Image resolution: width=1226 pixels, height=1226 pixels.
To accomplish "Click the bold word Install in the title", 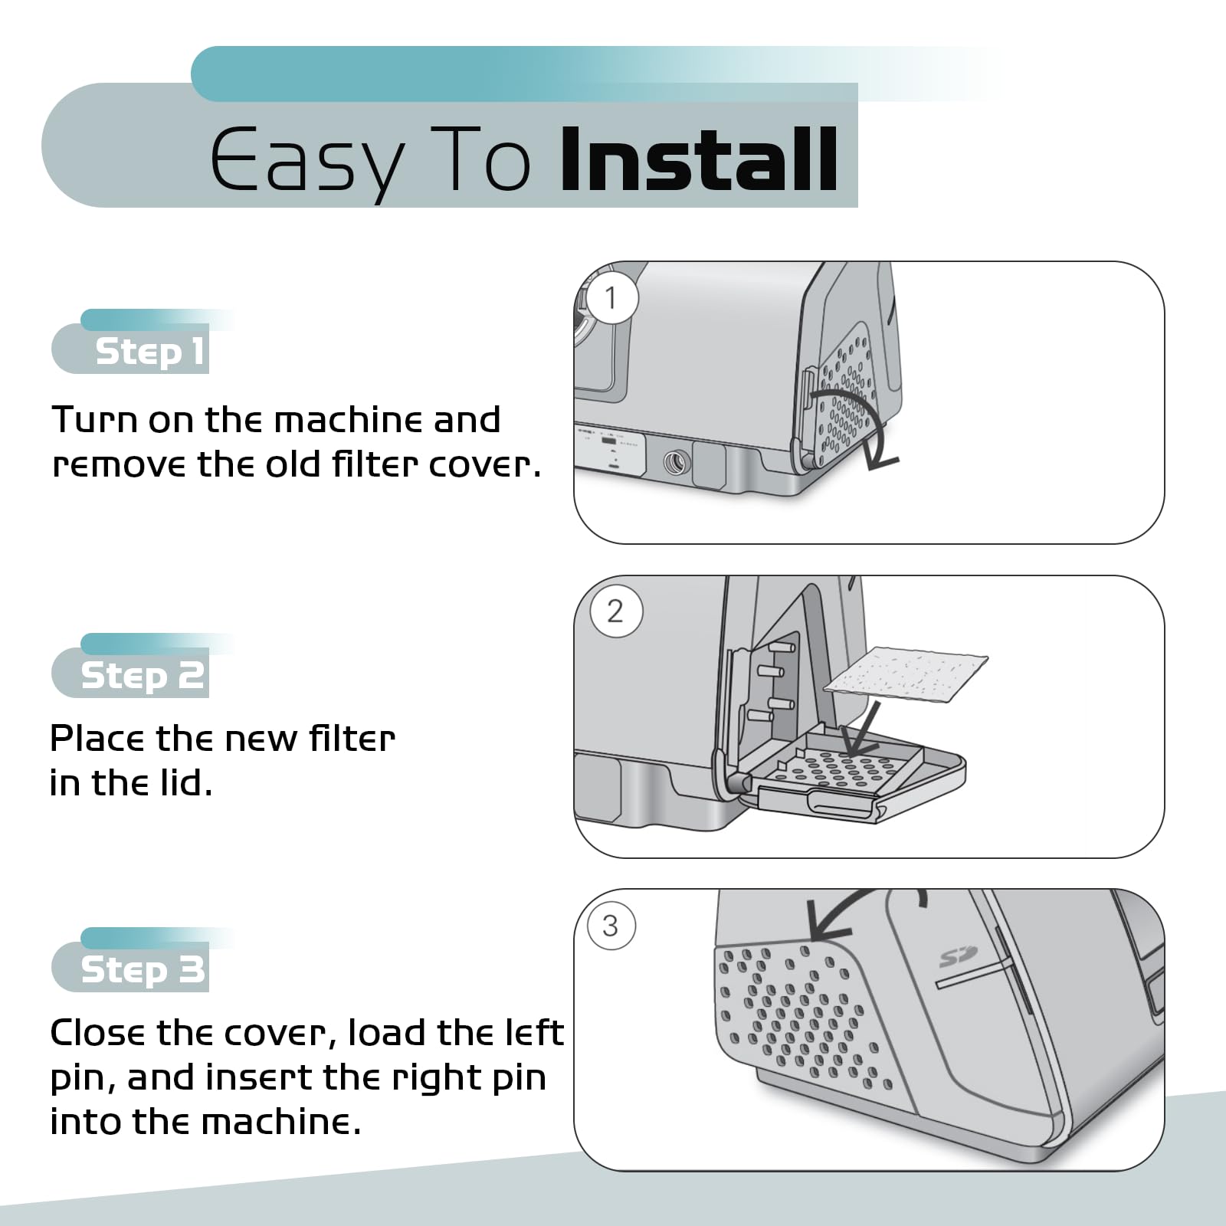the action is pyautogui.click(x=699, y=160).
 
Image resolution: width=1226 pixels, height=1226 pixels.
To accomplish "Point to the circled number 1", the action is pyautogui.click(x=611, y=298).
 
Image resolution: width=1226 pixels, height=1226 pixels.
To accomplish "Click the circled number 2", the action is pyautogui.click(x=615, y=611).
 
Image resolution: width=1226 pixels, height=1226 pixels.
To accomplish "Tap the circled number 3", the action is pyautogui.click(x=611, y=926).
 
